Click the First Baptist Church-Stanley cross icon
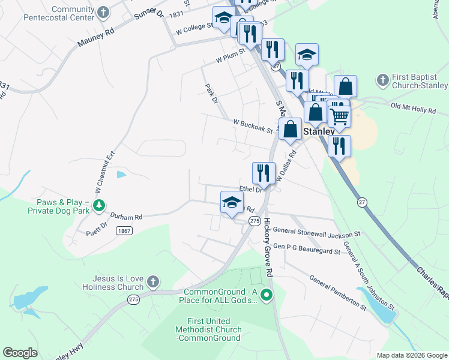[382, 80]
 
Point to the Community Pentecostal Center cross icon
[104, 12]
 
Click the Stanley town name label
[319, 131]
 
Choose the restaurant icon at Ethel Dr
[264, 173]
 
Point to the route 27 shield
[362, 202]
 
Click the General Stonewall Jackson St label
[316, 231]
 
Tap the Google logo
[20, 353]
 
